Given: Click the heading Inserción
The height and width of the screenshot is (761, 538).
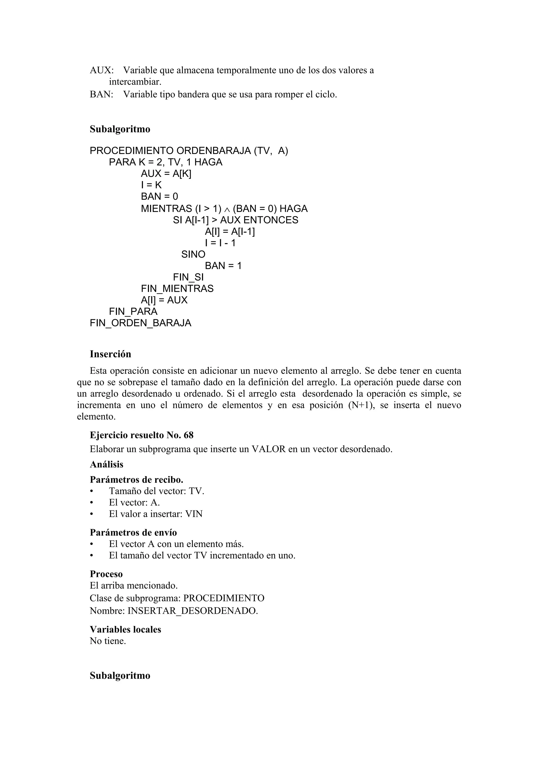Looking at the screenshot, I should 110,354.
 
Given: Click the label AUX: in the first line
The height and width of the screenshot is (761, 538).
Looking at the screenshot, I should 101,70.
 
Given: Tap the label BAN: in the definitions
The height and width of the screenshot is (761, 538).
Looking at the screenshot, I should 101,95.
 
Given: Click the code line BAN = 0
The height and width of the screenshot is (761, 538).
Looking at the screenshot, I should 159,196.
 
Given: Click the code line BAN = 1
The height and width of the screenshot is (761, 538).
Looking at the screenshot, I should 223,265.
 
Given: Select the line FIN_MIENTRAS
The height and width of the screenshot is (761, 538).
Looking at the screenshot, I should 177,288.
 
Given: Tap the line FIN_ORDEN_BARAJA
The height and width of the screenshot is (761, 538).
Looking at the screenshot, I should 140,323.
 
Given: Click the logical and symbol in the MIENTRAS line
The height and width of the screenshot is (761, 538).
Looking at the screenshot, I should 227,210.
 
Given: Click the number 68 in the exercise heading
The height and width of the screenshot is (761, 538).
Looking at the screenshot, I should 188,435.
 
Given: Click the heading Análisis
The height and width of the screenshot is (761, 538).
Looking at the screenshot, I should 106,464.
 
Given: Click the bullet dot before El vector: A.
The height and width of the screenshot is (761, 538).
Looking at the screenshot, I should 91,503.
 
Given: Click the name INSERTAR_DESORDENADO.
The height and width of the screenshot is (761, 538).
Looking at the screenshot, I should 192,611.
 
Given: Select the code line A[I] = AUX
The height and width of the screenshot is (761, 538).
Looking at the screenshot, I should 164,300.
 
